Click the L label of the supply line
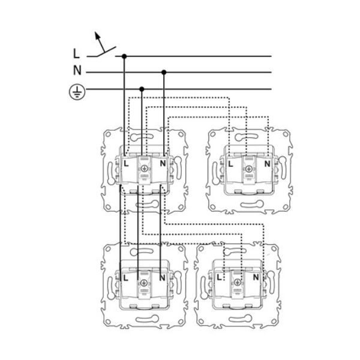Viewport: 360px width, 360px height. coord(76,53)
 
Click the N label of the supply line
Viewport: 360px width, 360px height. coord(77,70)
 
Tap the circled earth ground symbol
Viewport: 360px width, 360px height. coord(77,92)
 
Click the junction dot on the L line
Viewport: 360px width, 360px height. coord(124,56)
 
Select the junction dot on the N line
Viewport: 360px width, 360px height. coord(164,73)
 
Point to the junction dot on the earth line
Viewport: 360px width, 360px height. coord(142,89)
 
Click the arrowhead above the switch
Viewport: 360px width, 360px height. coord(98,35)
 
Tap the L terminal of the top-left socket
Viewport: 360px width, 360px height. coord(126,164)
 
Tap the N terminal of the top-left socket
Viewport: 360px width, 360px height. coord(163,163)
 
